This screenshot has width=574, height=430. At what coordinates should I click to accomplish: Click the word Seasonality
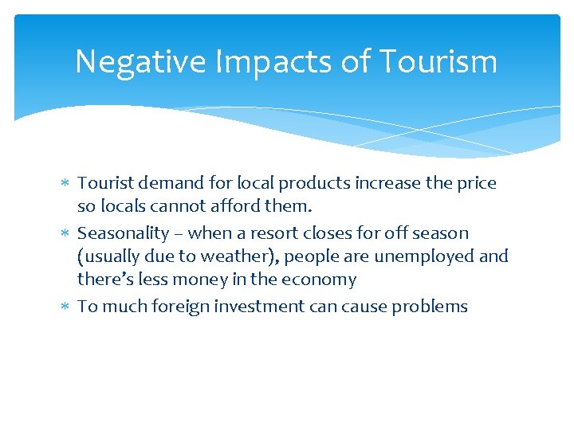pos(123,233)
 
